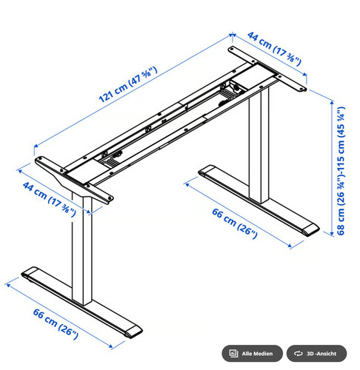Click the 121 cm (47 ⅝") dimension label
point(128,84)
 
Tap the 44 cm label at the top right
point(274,49)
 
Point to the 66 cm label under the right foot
point(235,223)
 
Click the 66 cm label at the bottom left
point(56,323)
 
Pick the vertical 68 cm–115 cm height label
point(341,171)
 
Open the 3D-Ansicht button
point(316,354)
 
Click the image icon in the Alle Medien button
point(233,353)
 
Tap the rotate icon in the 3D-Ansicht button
point(299,354)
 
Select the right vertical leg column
point(259,146)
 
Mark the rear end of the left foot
point(29,272)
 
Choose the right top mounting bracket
point(267,69)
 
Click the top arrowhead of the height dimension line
point(333,102)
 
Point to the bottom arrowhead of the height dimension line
point(333,233)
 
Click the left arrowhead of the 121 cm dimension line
point(36,146)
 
